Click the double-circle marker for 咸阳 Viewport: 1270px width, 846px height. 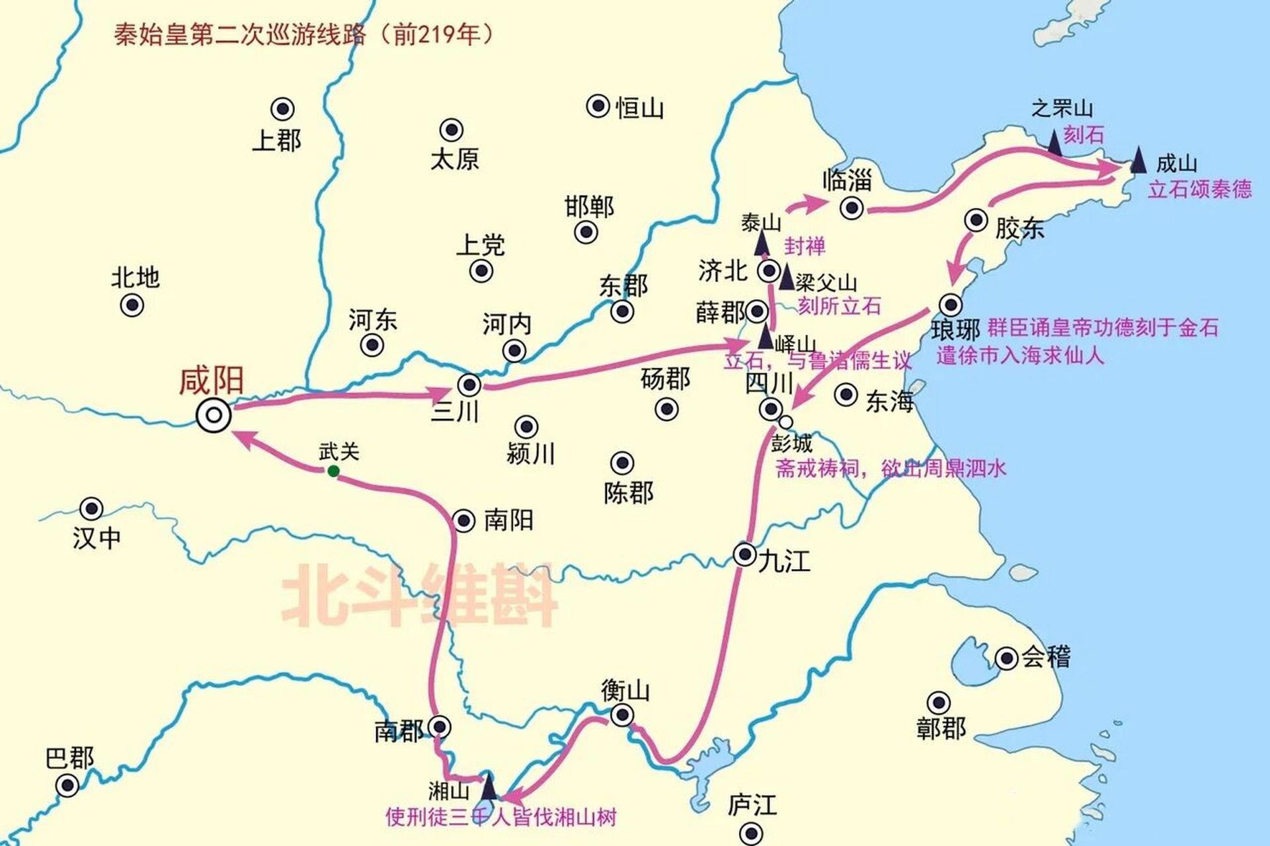click(x=214, y=416)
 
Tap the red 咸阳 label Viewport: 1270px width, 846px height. click(x=212, y=381)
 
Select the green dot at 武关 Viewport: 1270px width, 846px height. click(x=333, y=471)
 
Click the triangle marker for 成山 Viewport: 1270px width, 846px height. click(x=1138, y=161)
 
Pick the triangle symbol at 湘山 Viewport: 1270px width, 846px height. click(x=489, y=786)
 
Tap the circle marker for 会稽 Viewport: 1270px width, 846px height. click(x=1006, y=658)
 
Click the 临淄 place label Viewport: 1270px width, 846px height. click(x=848, y=180)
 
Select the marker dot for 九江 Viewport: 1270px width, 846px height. click(x=745, y=554)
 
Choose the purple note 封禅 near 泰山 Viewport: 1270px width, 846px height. click(x=805, y=247)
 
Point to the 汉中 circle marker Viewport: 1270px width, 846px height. click(x=91, y=509)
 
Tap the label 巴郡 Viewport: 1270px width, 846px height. click(x=69, y=758)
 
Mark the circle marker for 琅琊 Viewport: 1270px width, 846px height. click(x=951, y=304)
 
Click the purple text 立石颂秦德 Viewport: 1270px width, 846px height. click(x=1199, y=190)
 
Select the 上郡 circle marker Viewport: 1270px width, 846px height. click(x=283, y=109)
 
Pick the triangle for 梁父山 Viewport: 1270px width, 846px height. click(x=787, y=278)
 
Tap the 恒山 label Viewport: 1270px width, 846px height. click(x=639, y=108)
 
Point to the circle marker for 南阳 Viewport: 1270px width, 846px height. click(x=464, y=521)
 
